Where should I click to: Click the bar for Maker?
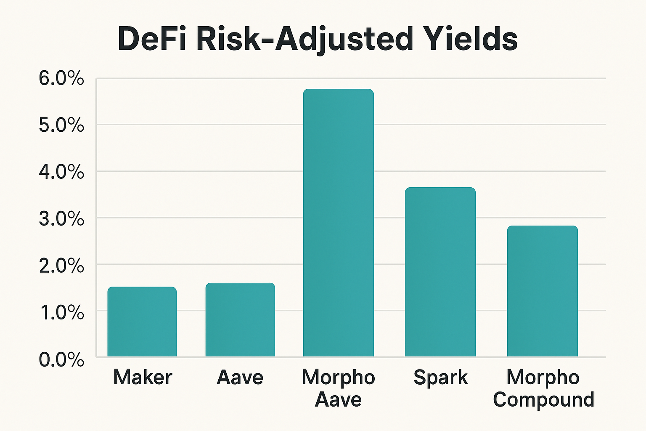(142, 322)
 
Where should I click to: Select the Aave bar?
(240, 320)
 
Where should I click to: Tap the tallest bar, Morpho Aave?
(338, 223)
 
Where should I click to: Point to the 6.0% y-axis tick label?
(61, 79)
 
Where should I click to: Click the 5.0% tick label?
(61, 125)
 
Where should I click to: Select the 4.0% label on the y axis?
(61, 172)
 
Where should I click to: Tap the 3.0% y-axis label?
(61, 218)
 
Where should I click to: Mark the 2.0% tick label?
(61, 265)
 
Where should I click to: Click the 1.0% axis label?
(61, 312)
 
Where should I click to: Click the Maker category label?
(143, 377)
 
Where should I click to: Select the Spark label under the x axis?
(440, 377)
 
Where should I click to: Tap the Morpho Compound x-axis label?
(543, 388)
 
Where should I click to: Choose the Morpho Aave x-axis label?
(338, 388)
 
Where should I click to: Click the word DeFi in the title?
(152, 39)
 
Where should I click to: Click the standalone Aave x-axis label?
(240, 377)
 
